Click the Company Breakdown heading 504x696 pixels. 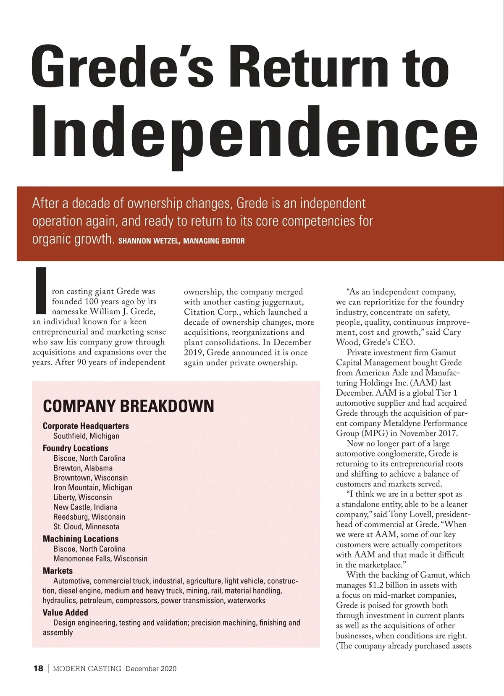[x=128, y=406]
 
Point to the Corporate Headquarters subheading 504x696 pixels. [x=86, y=426]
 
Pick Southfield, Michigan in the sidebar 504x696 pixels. [x=86, y=436]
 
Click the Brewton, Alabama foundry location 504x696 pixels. [x=83, y=468]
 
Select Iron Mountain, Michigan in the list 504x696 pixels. [x=92, y=488]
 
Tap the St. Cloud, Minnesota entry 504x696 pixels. [x=86, y=527]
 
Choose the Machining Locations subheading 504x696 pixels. [x=81, y=539]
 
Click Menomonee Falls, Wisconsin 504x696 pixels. [x=100, y=559]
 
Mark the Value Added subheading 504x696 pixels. [x=65, y=612]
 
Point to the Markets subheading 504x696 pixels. [x=58, y=571]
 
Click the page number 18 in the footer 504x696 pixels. [x=38, y=668]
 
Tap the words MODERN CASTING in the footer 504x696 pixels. [x=87, y=668]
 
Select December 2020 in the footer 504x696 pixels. [x=151, y=669]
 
